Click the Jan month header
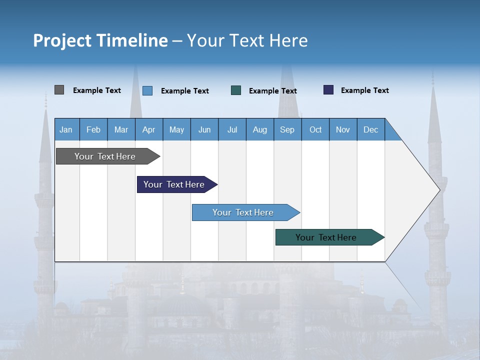66,129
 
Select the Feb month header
93,129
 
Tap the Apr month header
148,129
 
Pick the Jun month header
204,129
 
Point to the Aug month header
259,129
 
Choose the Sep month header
287,129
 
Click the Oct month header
315,129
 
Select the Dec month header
370,129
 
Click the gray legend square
59,90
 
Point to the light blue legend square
147,90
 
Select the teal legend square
236,90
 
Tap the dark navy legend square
328,90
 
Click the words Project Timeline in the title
100,40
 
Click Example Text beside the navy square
364,90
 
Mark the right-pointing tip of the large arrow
439,190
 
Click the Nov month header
343,129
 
